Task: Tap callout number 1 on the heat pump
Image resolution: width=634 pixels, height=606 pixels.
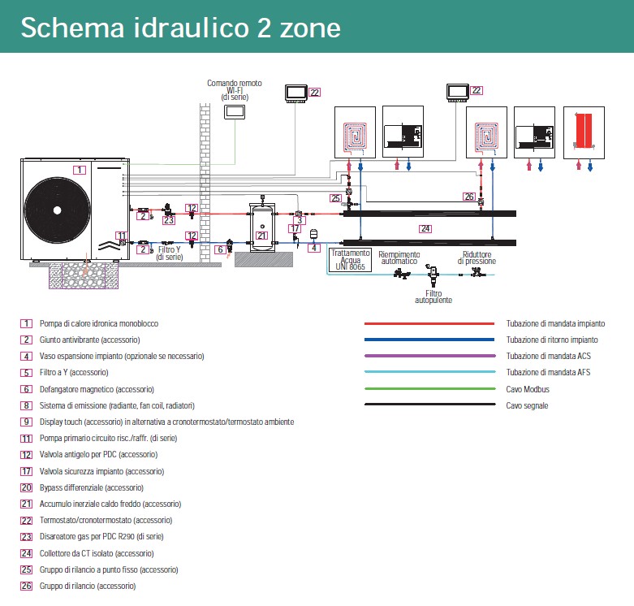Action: pyautogui.click(x=79, y=170)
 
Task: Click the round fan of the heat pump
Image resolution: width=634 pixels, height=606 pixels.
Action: pyautogui.click(x=57, y=209)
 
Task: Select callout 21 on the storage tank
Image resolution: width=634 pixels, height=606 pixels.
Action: pyautogui.click(x=261, y=236)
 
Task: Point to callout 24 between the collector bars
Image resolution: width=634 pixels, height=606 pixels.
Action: pyautogui.click(x=425, y=229)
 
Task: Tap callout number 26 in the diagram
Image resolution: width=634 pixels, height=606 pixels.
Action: pyautogui.click(x=468, y=197)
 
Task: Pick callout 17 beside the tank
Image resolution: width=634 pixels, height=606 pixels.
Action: pyautogui.click(x=295, y=229)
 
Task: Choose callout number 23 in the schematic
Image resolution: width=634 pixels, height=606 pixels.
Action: pyautogui.click(x=169, y=219)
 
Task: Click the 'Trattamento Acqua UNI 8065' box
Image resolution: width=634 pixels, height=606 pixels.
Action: pyautogui.click(x=351, y=259)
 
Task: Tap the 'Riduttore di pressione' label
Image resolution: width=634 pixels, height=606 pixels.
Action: pyautogui.click(x=477, y=258)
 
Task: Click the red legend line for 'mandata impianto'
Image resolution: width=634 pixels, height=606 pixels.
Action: pyautogui.click(x=429, y=323)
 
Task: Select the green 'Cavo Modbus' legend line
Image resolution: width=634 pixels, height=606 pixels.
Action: pyautogui.click(x=429, y=388)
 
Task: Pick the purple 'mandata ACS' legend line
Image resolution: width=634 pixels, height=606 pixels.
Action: pyautogui.click(x=429, y=356)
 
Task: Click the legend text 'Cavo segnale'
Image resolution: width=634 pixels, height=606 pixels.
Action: pyautogui.click(x=528, y=405)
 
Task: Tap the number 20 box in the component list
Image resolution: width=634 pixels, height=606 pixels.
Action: pyautogui.click(x=27, y=487)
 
